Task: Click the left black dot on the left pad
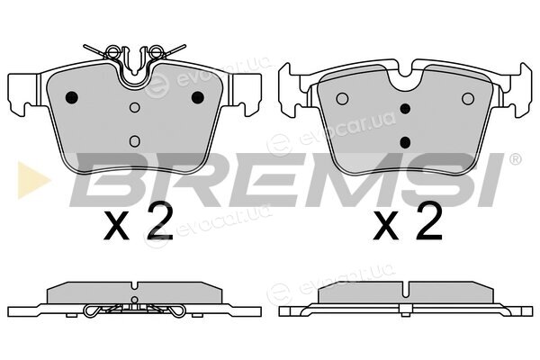coord(72,97)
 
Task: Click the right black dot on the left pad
coord(198,97)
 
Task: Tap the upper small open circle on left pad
coord(135,107)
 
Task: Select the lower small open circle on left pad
coord(135,141)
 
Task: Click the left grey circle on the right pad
coord(342,99)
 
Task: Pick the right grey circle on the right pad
coord(468,99)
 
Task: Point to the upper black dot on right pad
coord(405,109)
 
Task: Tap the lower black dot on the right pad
coord(405,142)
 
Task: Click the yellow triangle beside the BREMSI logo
coord(31,180)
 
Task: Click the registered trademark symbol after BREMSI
coord(515,158)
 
